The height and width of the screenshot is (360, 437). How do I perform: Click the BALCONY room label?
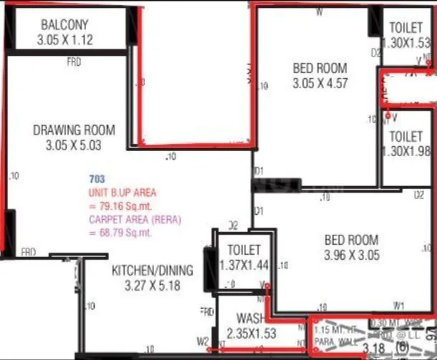(64, 24)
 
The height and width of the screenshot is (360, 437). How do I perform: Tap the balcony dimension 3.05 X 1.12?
(64, 40)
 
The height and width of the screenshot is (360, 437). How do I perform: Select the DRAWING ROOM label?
(75, 130)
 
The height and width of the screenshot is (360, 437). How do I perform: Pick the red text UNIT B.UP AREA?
(122, 193)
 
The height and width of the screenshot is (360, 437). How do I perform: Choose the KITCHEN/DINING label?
(152, 270)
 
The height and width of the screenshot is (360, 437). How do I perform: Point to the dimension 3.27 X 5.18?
(153, 286)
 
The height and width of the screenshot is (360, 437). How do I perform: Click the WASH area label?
(251, 318)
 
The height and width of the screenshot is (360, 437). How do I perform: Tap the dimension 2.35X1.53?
(251, 334)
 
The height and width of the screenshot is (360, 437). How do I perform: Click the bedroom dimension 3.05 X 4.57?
(320, 83)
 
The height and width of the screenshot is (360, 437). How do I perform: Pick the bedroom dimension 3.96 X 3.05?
(351, 255)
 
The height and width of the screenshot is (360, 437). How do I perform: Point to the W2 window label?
(203, 340)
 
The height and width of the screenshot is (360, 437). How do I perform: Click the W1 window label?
(399, 303)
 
